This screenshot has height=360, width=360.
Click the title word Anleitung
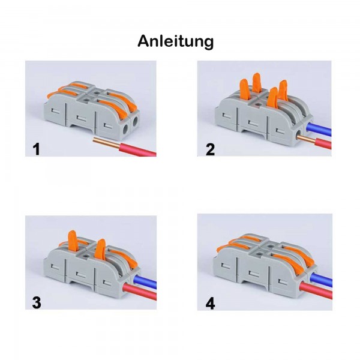(x=175, y=41)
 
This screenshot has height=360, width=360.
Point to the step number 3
(x=37, y=303)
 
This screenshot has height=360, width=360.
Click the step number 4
(x=209, y=303)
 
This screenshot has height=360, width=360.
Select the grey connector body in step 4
(x=252, y=270)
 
